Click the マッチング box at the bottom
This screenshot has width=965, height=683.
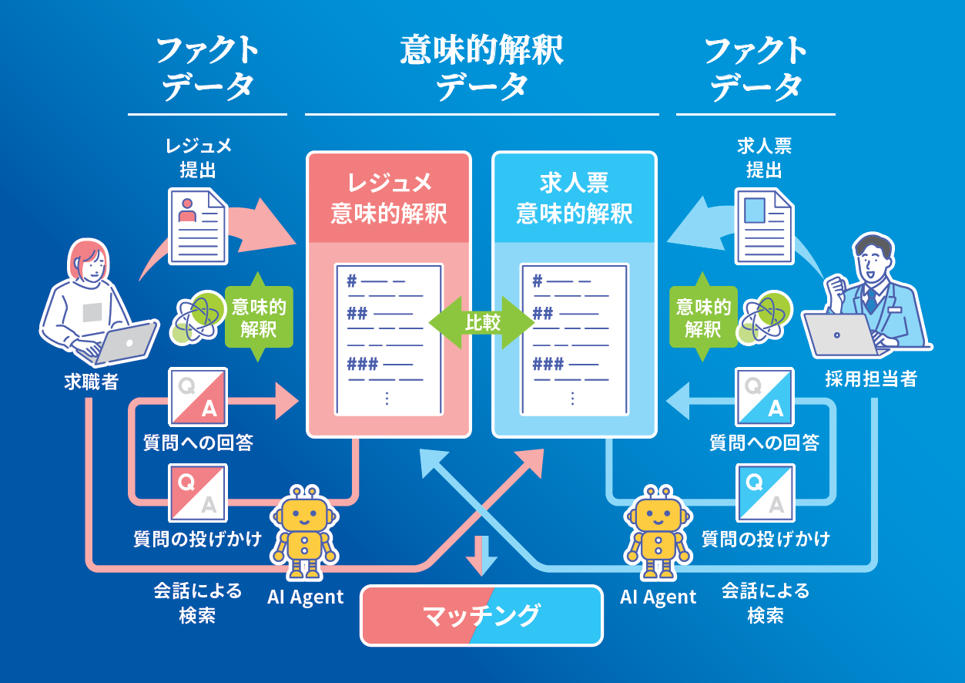click(x=481, y=615)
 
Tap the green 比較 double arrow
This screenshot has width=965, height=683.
click(x=482, y=322)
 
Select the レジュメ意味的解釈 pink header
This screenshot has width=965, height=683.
click(x=389, y=197)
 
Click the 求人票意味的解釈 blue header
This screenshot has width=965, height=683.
click(x=575, y=197)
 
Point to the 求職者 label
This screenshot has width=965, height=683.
click(x=91, y=382)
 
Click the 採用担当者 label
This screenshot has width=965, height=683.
click(x=871, y=379)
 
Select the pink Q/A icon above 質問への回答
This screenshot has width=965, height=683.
click(x=198, y=396)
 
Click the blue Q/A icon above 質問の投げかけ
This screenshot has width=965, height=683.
click(x=764, y=493)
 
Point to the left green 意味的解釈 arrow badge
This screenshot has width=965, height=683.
click(x=258, y=317)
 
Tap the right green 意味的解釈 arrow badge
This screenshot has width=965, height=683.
click(x=702, y=317)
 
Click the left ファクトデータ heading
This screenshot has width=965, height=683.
click(x=207, y=68)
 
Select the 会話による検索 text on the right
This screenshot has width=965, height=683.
click(x=765, y=603)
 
